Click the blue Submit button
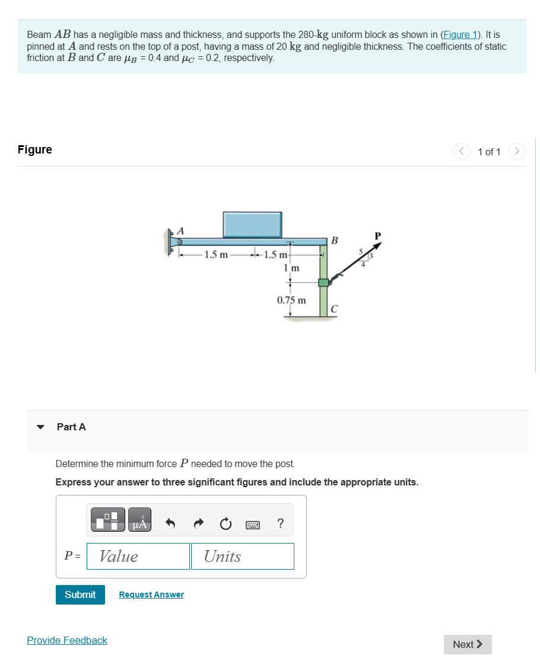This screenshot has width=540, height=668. (80, 595)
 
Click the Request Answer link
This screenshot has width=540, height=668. (151, 595)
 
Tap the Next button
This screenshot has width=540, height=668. (468, 644)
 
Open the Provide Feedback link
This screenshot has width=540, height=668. (67, 640)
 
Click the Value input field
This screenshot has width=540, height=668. (138, 556)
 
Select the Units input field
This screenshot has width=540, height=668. (242, 556)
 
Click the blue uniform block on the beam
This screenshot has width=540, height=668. (252, 225)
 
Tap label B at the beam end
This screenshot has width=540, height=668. (334, 241)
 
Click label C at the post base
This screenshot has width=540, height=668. (334, 309)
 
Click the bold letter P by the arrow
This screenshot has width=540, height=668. (377, 236)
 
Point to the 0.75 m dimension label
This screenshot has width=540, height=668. (291, 300)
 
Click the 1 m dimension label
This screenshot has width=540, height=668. (291, 269)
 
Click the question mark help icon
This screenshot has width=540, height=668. (280, 523)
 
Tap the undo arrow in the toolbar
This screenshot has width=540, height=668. (171, 523)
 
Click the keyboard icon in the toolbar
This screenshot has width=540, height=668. (252, 524)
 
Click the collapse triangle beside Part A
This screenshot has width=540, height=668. (41, 427)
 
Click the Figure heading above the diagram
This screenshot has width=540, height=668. (35, 149)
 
